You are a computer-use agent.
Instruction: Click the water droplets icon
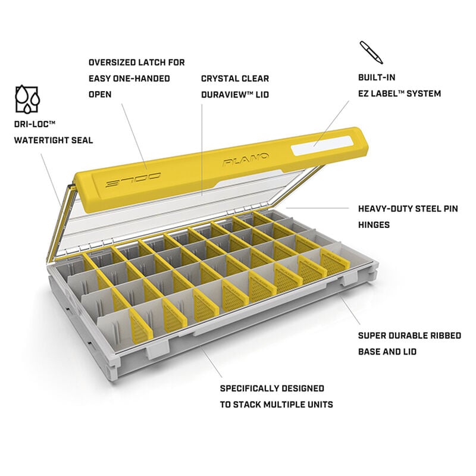(27, 99)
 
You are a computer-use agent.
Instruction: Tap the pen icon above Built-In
(371, 52)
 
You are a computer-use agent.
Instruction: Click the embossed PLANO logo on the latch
(246, 159)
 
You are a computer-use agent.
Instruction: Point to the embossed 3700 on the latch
(133, 181)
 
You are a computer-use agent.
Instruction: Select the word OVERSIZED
(112, 62)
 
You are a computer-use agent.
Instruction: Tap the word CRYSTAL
(219, 79)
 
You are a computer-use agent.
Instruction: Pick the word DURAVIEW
(224, 95)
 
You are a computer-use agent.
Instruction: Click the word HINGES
(374, 225)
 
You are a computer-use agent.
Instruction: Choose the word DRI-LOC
(32, 124)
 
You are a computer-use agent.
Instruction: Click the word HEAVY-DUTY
(384, 209)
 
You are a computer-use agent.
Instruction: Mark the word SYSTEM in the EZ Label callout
(424, 93)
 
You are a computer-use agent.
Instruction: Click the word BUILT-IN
(377, 77)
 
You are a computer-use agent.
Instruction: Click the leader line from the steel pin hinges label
(317, 208)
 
